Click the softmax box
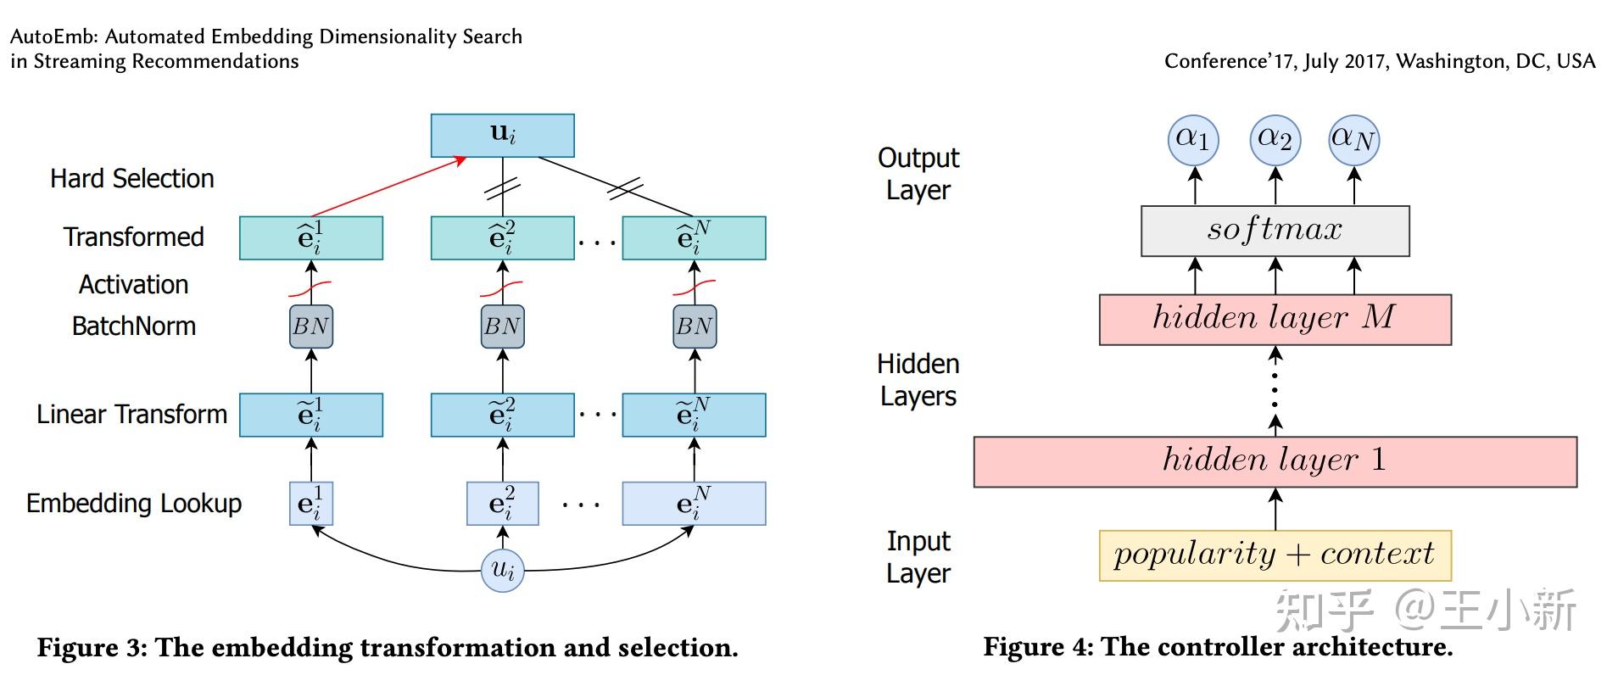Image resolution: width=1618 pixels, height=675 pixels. (1275, 231)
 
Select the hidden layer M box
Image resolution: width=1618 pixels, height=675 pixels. (1275, 320)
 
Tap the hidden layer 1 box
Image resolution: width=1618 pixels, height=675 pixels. (1275, 462)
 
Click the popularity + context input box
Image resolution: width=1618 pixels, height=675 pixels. (1275, 555)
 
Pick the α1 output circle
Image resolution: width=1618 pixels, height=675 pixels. (1193, 140)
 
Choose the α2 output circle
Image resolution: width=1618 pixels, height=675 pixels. (1275, 140)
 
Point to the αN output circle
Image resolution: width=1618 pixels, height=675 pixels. (1353, 140)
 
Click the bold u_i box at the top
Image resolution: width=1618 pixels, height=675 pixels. (502, 136)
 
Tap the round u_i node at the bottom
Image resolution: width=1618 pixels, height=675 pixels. (502, 570)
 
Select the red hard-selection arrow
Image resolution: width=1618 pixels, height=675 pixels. (389, 187)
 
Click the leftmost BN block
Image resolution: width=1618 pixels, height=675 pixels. (311, 326)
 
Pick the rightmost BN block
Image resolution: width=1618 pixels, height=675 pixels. (695, 326)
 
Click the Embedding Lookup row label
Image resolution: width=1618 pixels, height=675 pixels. (134, 504)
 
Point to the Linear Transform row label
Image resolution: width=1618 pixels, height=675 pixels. (132, 415)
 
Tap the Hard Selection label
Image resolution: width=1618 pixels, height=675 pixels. (132, 179)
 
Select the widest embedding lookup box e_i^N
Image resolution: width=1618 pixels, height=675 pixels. (694, 504)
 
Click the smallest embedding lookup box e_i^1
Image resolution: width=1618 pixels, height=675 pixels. (311, 504)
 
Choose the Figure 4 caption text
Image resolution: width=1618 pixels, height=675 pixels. (1218, 647)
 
